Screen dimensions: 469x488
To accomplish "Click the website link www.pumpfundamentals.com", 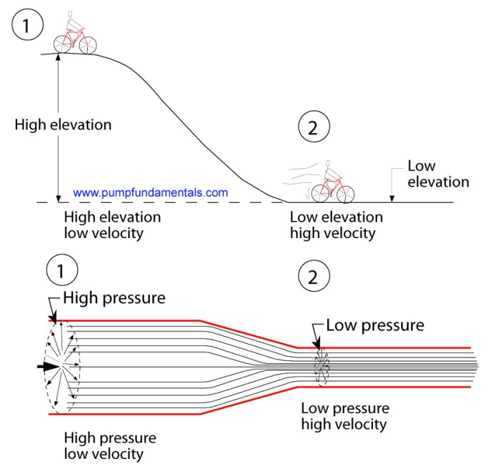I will coord(151,192).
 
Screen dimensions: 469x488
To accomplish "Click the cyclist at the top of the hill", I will coord(74,34).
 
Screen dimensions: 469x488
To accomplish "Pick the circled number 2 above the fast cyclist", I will coord(314,128).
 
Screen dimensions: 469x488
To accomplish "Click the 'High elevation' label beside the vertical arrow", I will coord(63,124).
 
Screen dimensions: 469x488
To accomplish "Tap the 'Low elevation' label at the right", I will coord(438,174).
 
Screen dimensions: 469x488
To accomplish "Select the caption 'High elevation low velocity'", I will coord(112,224).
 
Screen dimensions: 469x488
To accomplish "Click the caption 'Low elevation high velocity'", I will coord(336,224).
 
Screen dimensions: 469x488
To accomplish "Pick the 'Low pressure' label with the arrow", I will coord(375,325).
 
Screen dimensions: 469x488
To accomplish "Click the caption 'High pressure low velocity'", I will coord(110,445).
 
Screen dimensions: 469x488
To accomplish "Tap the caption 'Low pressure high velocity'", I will coord(345,416).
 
